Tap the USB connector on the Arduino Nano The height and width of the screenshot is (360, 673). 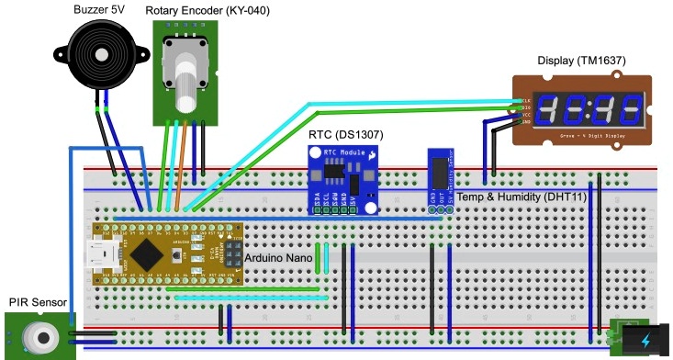click(x=97, y=253)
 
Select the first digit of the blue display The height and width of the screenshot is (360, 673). click(x=548, y=110)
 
